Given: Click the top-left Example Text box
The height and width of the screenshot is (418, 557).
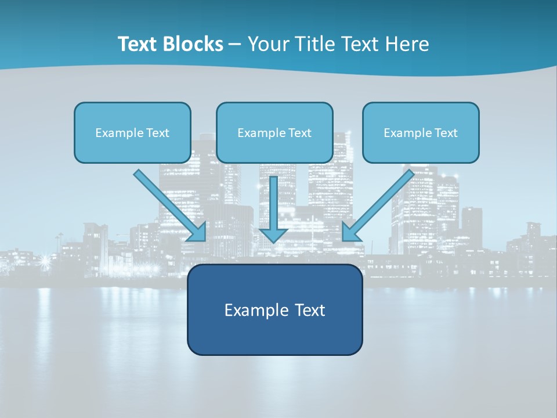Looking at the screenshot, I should tap(132, 132).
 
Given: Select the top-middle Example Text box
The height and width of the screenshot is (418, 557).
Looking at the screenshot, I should tap(274, 132).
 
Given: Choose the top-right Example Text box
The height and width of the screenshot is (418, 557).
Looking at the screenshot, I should tap(421, 132).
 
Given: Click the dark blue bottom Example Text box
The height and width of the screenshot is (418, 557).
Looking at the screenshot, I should tap(274, 309).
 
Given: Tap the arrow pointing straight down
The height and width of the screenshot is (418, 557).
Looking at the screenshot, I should tap(273, 206).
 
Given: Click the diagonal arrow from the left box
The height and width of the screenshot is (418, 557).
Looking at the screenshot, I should tap(168, 203).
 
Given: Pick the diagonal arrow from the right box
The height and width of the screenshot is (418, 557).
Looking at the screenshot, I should tap(380, 203).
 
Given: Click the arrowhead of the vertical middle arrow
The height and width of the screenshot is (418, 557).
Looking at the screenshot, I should tap(273, 234).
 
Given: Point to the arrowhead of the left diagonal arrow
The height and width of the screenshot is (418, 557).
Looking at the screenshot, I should tap(198, 232).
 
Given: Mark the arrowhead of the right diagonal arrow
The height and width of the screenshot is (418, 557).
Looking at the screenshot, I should tap(350, 232).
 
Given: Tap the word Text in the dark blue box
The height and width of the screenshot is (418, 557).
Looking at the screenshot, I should tap(310, 310).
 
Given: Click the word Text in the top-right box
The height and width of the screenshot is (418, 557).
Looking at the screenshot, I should tap(445, 133).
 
